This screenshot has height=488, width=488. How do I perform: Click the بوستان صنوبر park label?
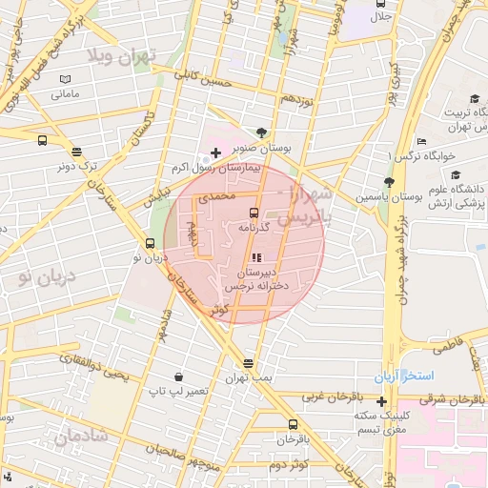(x=262, y=150)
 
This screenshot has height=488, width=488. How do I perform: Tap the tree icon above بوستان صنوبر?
(x=262, y=133)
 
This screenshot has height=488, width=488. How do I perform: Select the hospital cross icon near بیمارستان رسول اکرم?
(x=216, y=152)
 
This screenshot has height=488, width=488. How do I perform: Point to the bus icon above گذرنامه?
(x=253, y=213)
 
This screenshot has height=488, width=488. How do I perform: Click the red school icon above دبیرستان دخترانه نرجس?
(x=255, y=257)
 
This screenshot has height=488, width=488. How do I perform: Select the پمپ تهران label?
(x=249, y=378)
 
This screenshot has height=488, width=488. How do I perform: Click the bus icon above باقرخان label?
(x=292, y=425)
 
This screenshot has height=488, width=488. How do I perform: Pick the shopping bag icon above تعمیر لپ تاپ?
(x=179, y=376)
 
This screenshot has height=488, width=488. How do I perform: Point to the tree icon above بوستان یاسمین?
(x=389, y=181)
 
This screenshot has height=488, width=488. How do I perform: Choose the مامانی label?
(x=65, y=94)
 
